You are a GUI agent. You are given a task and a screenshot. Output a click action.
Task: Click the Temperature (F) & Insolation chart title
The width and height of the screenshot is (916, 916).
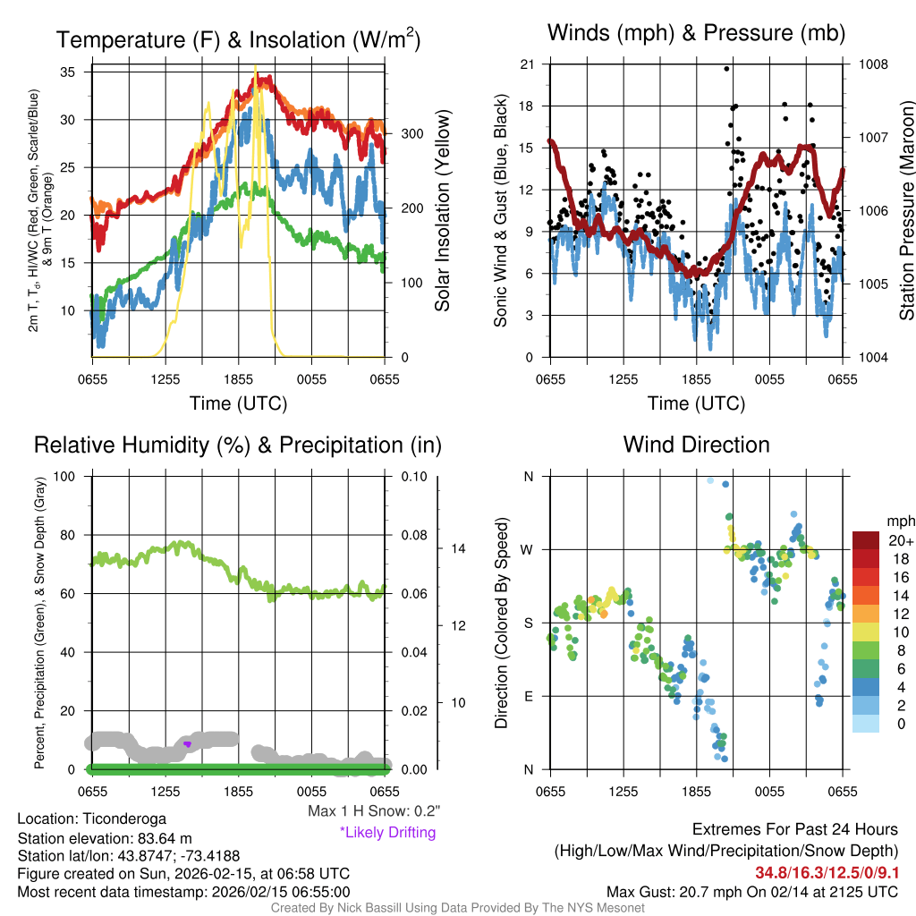tap(238, 39)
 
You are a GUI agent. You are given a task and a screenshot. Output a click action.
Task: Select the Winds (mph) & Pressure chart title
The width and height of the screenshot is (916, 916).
tap(696, 33)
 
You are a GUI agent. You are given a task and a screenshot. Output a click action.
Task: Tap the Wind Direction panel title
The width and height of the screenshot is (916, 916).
tap(696, 445)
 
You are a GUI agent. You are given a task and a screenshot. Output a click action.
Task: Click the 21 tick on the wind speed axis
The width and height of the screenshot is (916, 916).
tap(527, 64)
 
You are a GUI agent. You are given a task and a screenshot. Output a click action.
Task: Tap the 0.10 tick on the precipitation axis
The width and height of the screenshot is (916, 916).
tap(412, 476)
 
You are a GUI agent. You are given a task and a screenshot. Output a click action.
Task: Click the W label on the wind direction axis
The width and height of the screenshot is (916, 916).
tap(528, 549)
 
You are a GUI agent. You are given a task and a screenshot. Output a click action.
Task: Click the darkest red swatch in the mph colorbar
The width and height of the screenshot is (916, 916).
tap(866, 539)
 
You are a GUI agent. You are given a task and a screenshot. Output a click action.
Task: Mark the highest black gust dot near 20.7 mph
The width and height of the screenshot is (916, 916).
tap(726, 68)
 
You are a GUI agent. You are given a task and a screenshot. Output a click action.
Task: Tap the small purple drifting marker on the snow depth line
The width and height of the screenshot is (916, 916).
tap(187, 743)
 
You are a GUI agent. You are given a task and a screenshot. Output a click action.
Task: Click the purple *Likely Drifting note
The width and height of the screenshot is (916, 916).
tap(386, 832)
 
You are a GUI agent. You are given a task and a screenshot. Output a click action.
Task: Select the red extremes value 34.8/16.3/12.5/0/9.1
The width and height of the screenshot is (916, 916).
tap(827, 871)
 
